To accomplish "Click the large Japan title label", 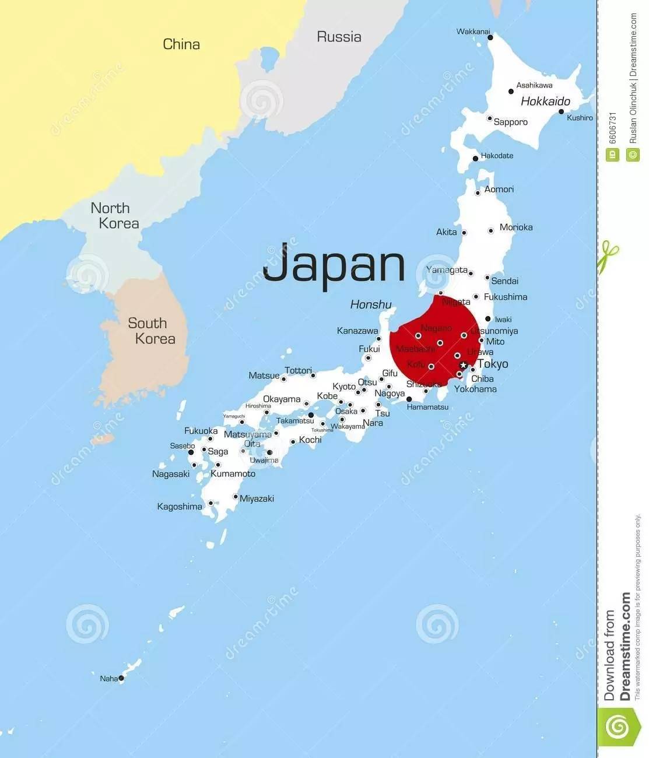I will point(334,266).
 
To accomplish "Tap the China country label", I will point(181,44).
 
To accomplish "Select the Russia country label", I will point(339,37).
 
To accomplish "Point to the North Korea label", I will point(114,216).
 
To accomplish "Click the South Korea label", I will point(151,331).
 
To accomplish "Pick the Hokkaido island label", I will point(545,101).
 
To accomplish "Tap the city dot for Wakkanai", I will point(490,38).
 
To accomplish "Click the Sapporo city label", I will point(510,122).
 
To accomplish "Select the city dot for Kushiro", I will point(562,111).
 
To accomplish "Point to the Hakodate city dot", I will point(476,158).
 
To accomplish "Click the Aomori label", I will point(499,189).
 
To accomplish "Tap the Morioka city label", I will point(516,227).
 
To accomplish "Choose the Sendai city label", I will point(505,280).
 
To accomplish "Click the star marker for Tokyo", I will point(464,365).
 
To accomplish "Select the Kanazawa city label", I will point(357,331).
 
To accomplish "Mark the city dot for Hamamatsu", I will point(409,399).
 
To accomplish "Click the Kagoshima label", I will point(180,507).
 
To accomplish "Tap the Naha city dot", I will point(121,678).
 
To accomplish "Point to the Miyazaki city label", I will point(257,499).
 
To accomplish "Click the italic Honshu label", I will point(371,304).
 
